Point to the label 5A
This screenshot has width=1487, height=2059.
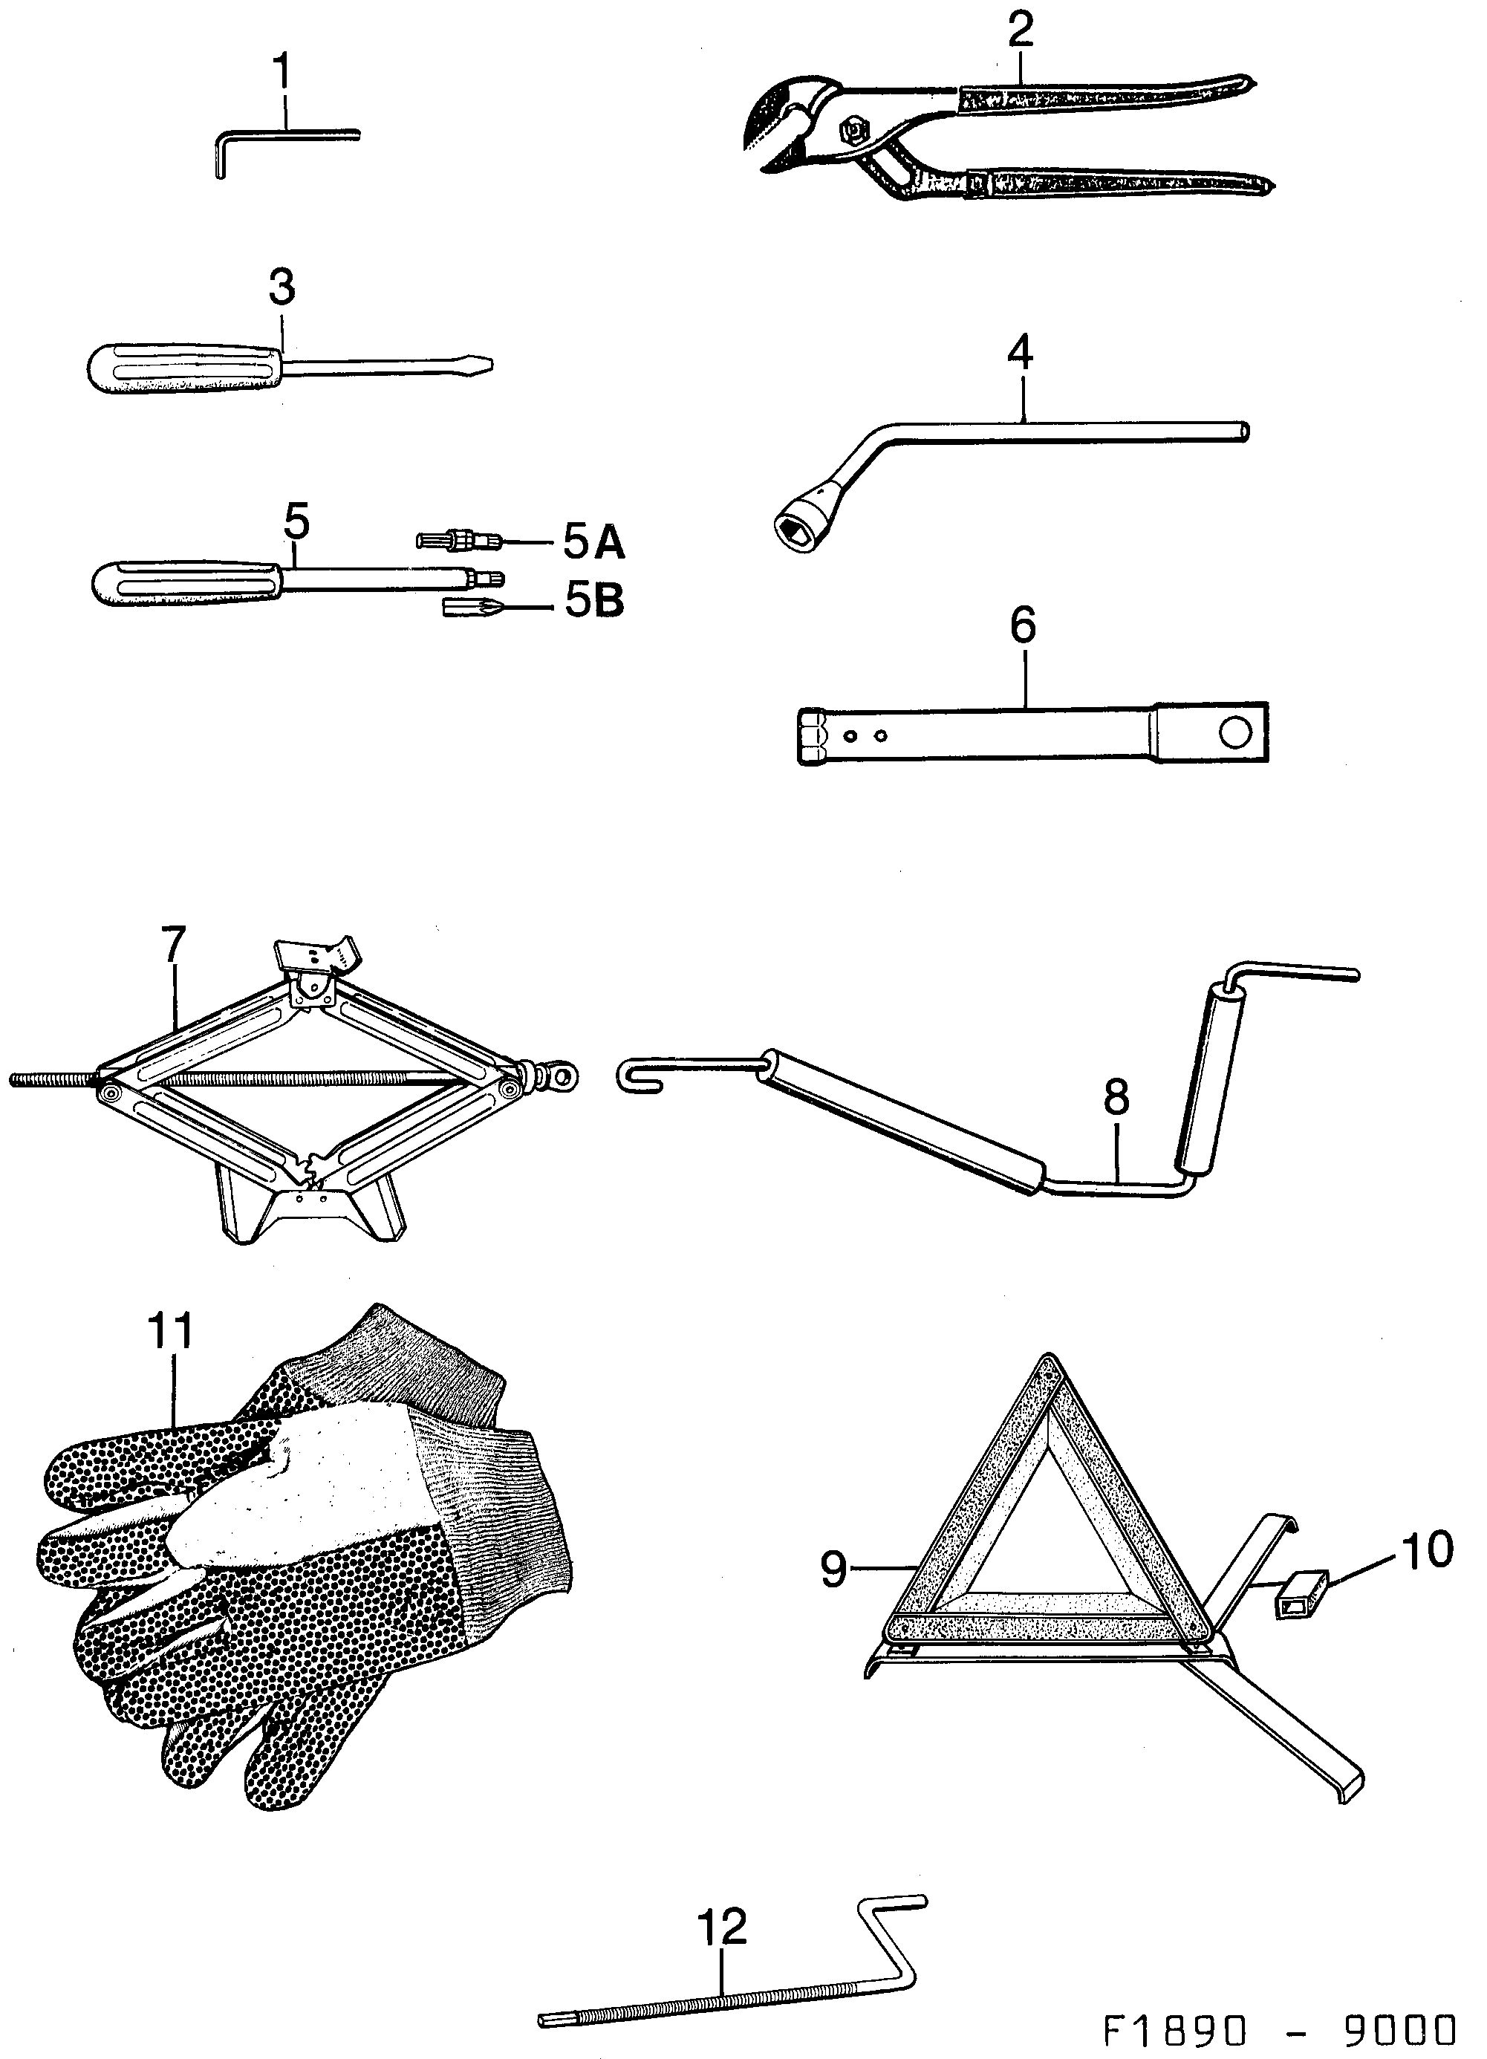593,543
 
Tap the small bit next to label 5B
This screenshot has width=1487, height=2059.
472,606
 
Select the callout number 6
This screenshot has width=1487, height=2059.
1022,626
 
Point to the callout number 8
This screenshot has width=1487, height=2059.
1116,1096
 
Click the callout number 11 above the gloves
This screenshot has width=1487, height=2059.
170,1331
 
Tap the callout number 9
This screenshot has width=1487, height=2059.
833,1569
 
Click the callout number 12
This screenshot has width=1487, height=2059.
722,1928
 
